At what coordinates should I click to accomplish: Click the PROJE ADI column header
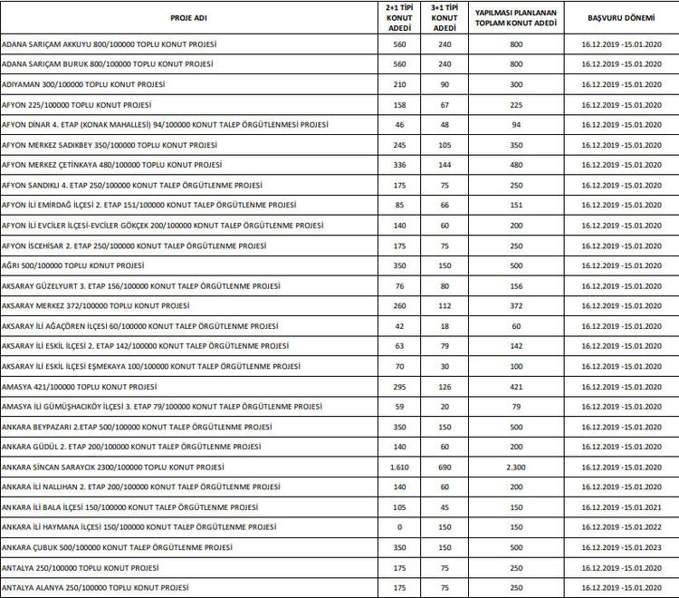click(x=189, y=18)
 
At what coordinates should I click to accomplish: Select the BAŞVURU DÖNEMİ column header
click(x=615, y=18)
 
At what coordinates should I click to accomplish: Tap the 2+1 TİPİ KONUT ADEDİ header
click(x=399, y=18)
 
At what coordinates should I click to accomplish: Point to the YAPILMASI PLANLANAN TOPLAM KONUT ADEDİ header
click(x=516, y=18)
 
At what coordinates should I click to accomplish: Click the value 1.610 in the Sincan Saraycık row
click(x=399, y=467)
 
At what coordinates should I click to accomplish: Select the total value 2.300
click(x=516, y=467)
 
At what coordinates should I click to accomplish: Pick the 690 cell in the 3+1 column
click(x=445, y=467)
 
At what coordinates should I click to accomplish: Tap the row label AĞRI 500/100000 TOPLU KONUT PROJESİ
click(x=73, y=265)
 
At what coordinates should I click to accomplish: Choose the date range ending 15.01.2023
click(x=615, y=547)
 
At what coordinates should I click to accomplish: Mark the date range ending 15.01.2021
click(x=615, y=507)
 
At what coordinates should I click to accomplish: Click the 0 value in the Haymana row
click(x=399, y=527)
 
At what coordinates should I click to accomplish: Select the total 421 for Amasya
click(x=516, y=386)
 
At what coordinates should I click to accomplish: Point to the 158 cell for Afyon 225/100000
click(x=399, y=104)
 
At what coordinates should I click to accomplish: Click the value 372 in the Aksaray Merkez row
click(x=516, y=305)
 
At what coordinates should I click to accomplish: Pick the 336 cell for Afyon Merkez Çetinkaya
click(x=399, y=165)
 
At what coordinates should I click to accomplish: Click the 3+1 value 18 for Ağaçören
click(x=445, y=326)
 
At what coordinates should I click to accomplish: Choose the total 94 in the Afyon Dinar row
click(x=516, y=125)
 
